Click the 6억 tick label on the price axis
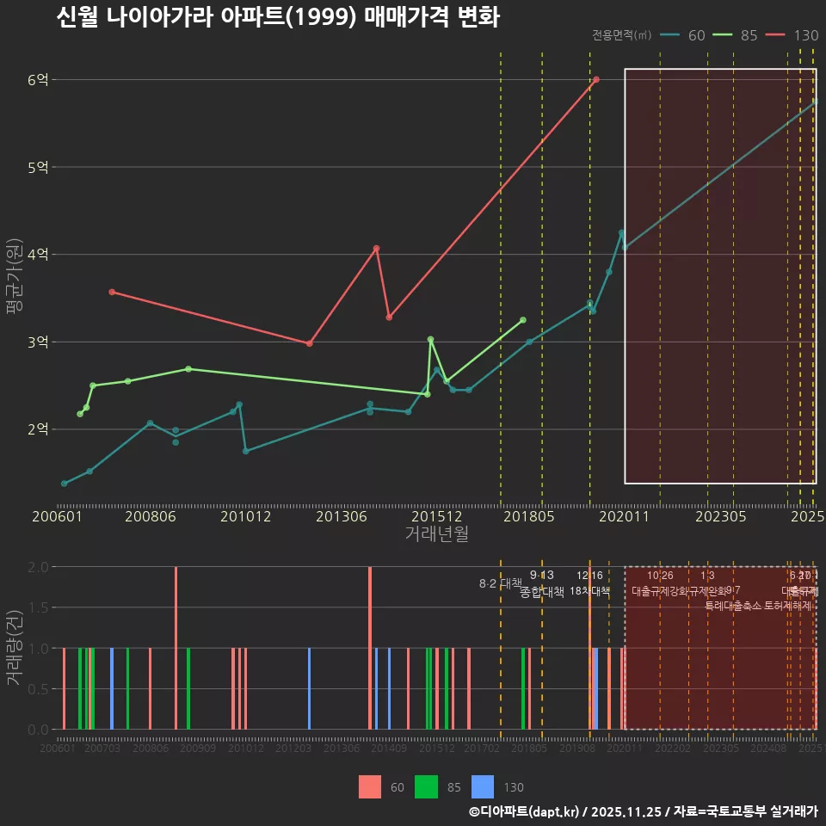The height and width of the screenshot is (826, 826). (x=38, y=80)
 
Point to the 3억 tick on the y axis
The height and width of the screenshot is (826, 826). (x=38, y=342)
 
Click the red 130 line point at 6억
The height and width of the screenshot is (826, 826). (x=596, y=79)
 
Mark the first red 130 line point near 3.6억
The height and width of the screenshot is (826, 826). (x=112, y=292)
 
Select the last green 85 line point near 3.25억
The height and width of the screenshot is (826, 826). (x=523, y=320)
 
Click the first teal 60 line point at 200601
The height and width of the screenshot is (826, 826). (x=65, y=484)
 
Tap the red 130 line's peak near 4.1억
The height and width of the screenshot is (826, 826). (x=377, y=249)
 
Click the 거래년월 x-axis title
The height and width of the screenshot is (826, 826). (x=436, y=534)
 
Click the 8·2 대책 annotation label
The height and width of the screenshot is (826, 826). (x=501, y=583)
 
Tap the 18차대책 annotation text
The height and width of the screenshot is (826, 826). (x=589, y=591)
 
